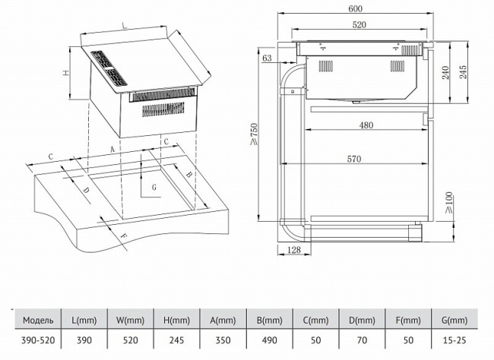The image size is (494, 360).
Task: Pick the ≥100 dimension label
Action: (x=451, y=203)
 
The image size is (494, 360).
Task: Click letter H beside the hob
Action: (x=66, y=74)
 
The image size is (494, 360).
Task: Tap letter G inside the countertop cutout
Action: (x=154, y=186)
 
